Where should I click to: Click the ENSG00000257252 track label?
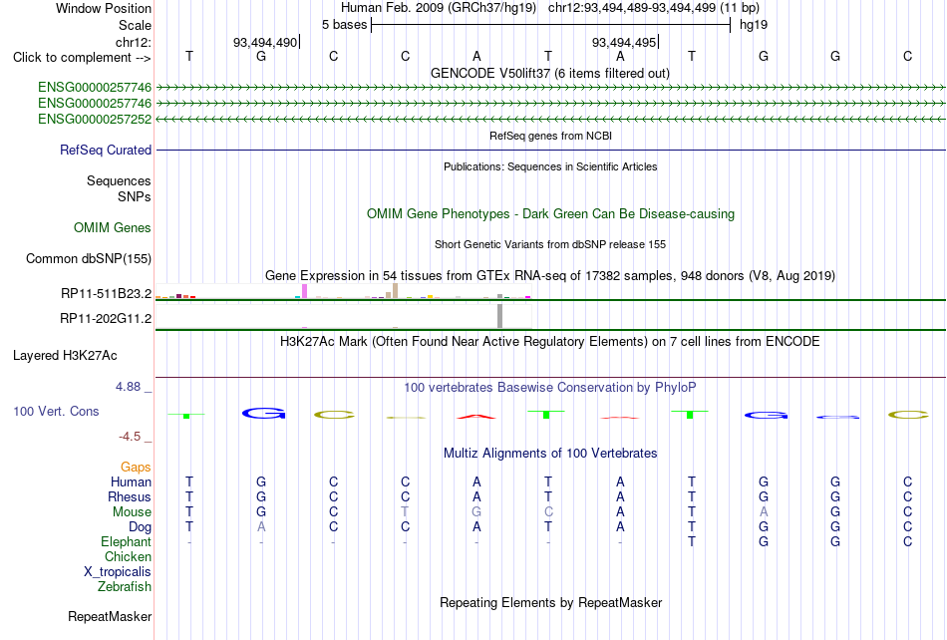point(95,119)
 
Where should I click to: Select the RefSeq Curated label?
point(106,150)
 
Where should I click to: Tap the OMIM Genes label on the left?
point(113,227)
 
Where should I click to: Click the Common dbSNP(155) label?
point(89,258)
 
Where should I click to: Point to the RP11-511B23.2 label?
point(107,293)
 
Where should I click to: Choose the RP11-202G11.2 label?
point(106,318)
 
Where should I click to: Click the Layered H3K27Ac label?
point(65,356)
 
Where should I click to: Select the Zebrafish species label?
point(125,586)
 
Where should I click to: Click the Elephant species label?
point(127,541)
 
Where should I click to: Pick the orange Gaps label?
point(136,467)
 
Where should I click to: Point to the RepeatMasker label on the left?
point(110,616)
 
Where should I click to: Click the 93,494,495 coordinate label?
point(624,42)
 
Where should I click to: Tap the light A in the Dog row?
point(261,526)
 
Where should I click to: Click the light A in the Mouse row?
point(764,511)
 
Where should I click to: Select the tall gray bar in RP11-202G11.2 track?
point(500,316)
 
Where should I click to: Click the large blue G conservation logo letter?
point(263,413)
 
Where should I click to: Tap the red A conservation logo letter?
point(476,416)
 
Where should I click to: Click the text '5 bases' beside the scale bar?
point(344,25)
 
